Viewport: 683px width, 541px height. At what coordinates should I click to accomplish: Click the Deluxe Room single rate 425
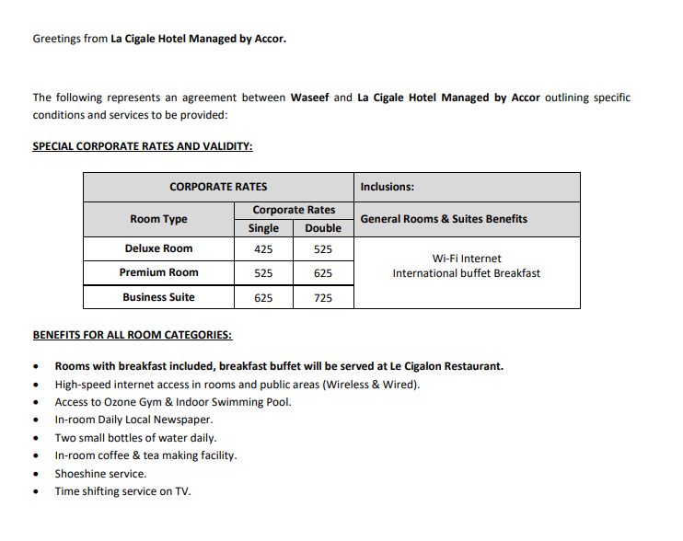(263, 249)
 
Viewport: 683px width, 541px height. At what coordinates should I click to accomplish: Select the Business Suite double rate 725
(322, 298)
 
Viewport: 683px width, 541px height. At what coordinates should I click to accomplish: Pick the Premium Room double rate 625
(322, 273)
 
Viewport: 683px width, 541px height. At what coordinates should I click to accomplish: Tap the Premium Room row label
(158, 273)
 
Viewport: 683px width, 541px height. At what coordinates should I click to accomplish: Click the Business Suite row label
(158, 298)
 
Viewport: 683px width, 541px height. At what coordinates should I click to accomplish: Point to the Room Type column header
(158, 219)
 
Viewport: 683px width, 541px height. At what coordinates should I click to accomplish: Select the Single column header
(263, 228)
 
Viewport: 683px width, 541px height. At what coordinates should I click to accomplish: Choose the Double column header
(322, 228)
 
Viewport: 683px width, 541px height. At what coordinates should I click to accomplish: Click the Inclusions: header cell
(387, 187)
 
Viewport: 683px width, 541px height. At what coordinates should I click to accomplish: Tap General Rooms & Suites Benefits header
(444, 219)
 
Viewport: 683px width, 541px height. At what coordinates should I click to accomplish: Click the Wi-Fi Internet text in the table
(467, 259)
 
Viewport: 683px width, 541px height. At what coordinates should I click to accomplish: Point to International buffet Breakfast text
(467, 273)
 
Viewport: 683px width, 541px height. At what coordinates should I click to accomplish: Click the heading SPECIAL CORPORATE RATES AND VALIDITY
(143, 146)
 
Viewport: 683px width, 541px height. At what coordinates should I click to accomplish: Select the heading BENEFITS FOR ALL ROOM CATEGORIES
(132, 335)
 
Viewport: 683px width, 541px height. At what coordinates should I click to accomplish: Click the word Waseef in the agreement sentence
(309, 98)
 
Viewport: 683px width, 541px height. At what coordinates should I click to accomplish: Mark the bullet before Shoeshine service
(36, 475)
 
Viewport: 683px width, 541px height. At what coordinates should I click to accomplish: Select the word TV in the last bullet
(182, 491)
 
